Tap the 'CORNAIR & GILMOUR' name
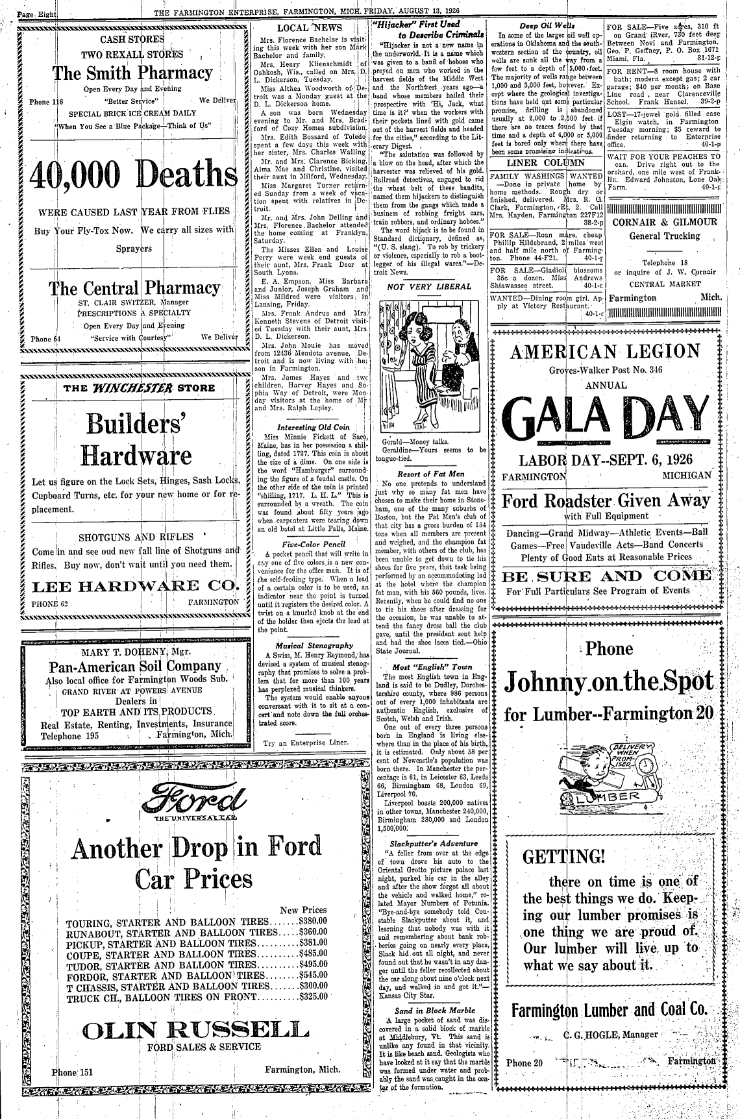(664, 222)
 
